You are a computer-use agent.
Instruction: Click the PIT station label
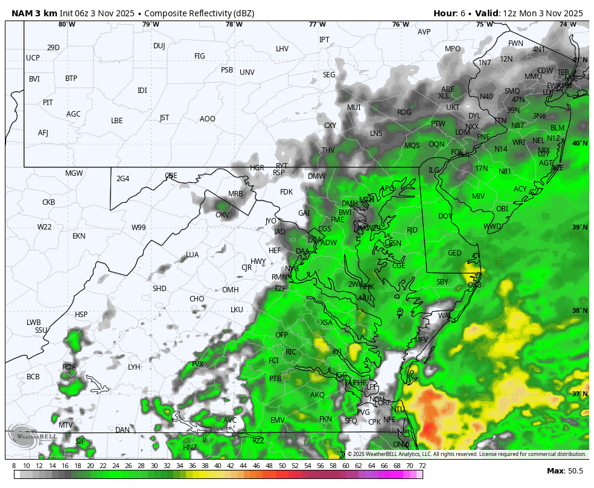pos(48,103)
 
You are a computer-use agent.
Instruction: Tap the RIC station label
pos(290,352)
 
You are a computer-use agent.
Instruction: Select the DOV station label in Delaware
pos(445,216)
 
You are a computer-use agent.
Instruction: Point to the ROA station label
pos(69,367)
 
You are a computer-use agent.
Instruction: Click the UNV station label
pos(247,72)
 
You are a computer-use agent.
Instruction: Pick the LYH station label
pos(134,367)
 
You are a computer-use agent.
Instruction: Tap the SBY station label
pos(442,282)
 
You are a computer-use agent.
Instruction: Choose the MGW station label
pos(74,173)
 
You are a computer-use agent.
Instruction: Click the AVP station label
pos(424,32)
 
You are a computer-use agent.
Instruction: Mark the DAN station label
pos(123,430)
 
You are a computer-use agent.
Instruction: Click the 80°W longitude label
pos(67,25)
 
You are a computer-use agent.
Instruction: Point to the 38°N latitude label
pos(580,311)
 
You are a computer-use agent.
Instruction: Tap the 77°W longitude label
pos(317,25)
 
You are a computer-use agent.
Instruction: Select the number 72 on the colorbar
pos(422,466)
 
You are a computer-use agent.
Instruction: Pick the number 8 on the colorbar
pos(14,466)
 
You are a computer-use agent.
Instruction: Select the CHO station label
pos(197,299)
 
